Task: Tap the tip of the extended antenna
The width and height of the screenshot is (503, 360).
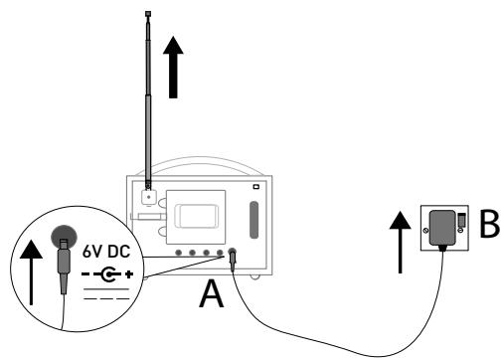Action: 148,15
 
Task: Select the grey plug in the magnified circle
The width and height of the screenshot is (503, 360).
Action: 64,266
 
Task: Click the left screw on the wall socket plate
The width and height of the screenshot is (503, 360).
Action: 427,233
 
